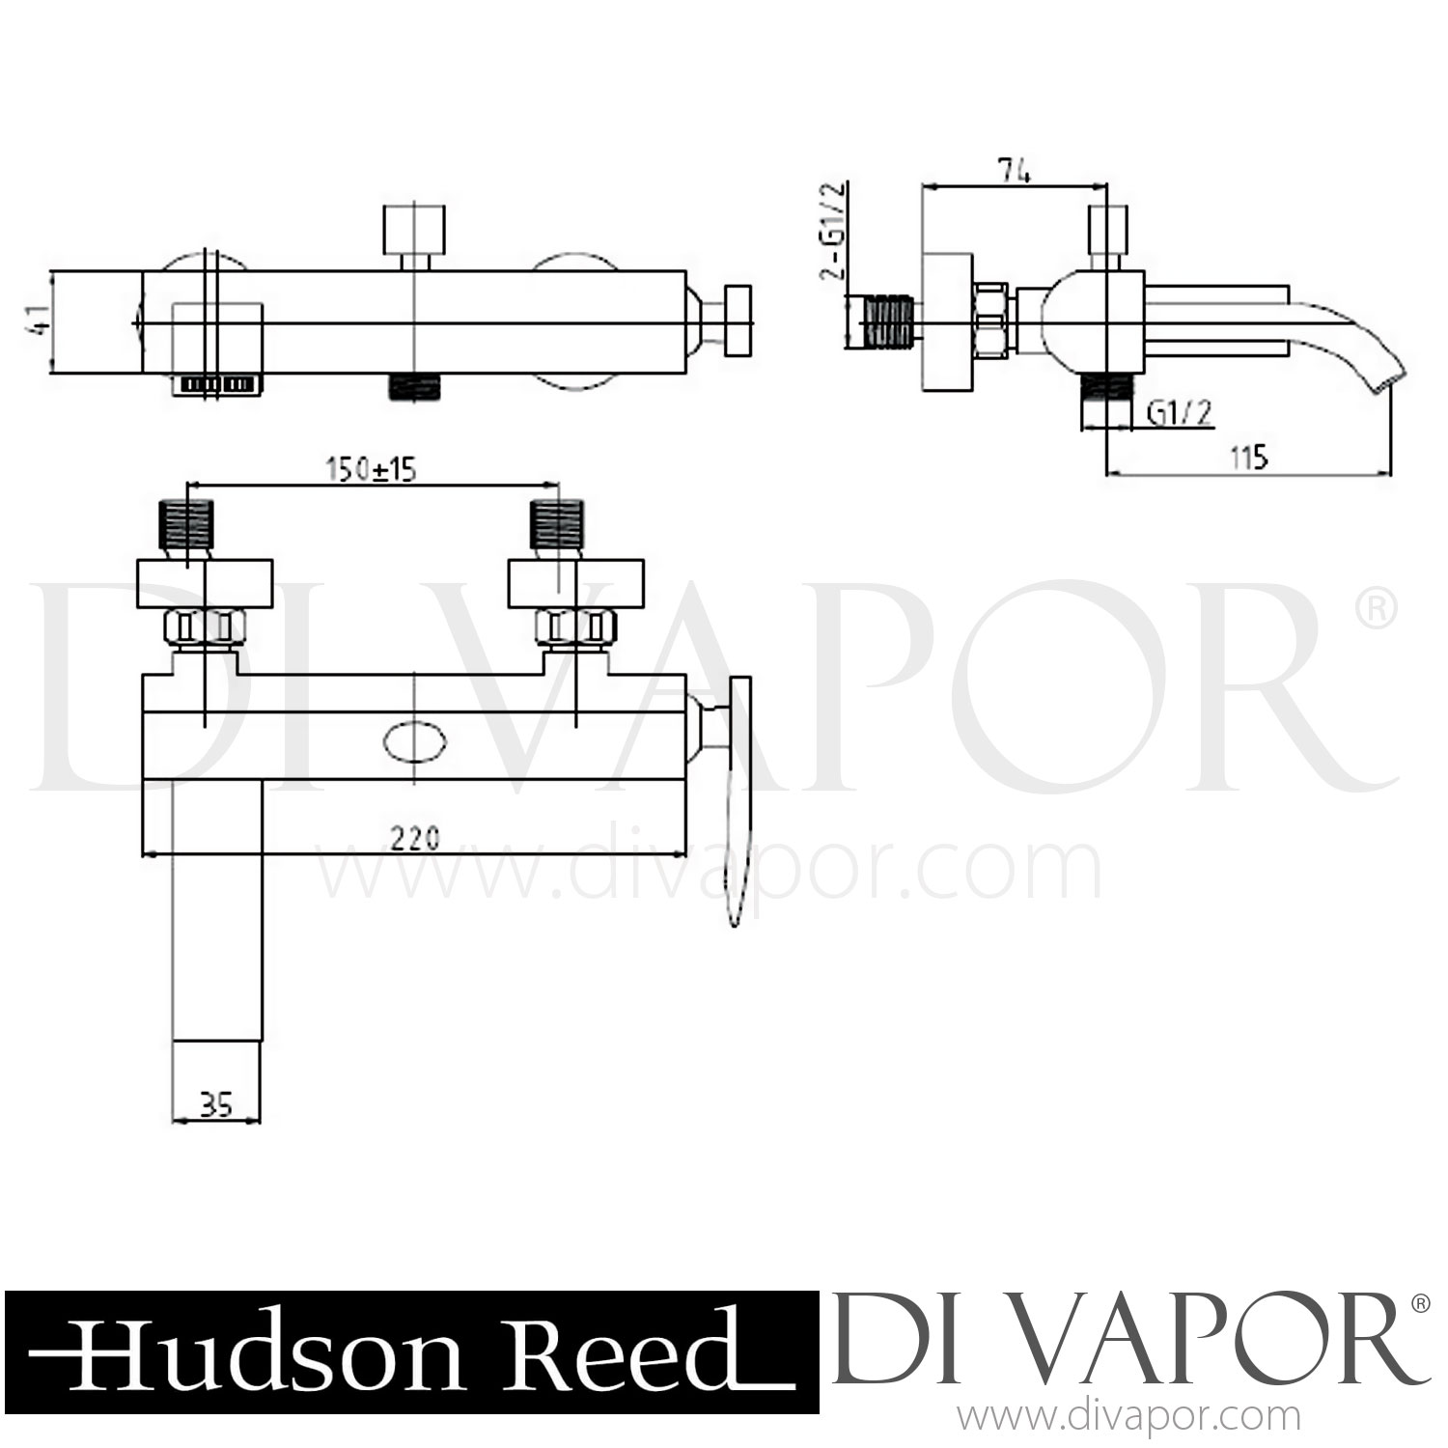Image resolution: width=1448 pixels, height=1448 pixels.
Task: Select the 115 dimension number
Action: coord(1249,457)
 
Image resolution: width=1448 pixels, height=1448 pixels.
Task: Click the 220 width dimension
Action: coord(415,837)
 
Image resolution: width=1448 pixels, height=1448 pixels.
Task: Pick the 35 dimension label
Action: coord(217,1103)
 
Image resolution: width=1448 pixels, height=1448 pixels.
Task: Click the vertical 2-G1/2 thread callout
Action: coord(832,232)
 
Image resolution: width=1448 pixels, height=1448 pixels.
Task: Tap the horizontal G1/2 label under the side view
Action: coord(1179,413)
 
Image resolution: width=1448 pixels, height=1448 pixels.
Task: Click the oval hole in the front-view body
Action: coord(415,743)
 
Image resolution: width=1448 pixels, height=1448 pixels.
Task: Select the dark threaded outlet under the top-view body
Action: coord(414,386)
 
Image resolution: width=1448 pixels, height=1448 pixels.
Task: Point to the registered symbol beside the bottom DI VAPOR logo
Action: coord(1420,1304)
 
